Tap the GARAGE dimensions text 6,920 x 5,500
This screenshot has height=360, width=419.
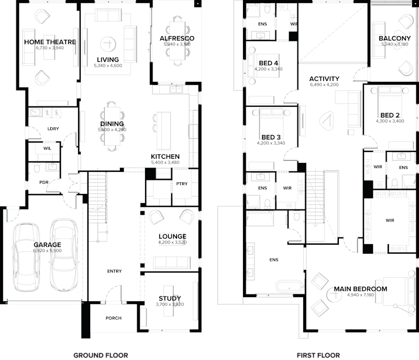[x=48, y=251]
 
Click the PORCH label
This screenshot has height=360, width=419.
[x=113, y=318]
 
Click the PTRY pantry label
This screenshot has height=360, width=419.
[x=182, y=184]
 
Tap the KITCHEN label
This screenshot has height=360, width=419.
[x=165, y=157]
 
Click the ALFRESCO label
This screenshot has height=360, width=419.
[x=177, y=38]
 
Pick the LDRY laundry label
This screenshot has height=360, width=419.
[x=52, y=128]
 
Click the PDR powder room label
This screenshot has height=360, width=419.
[x=44, y=182]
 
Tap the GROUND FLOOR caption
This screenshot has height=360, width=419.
[x=101, y=355]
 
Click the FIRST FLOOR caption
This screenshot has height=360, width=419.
[x=317, y=355]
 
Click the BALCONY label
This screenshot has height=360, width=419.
[x=394, y=38]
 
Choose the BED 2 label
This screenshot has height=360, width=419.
[x=390, y=115]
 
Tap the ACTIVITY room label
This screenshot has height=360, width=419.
[x=324, y=79]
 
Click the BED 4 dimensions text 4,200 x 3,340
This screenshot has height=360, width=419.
[x=268, y=69]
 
